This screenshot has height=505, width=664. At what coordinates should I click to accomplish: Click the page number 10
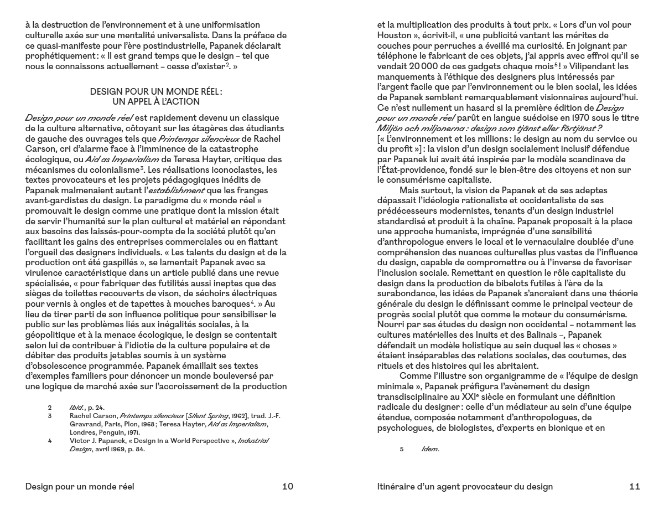coord(287,487)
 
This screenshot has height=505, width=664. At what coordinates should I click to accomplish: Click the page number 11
coord(635,487)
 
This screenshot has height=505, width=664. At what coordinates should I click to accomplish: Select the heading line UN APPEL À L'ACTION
coord(160,102)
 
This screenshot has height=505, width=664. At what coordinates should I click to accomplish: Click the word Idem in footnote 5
coord(430,449)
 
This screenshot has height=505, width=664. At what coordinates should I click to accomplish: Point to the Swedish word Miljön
coord(390,128)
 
